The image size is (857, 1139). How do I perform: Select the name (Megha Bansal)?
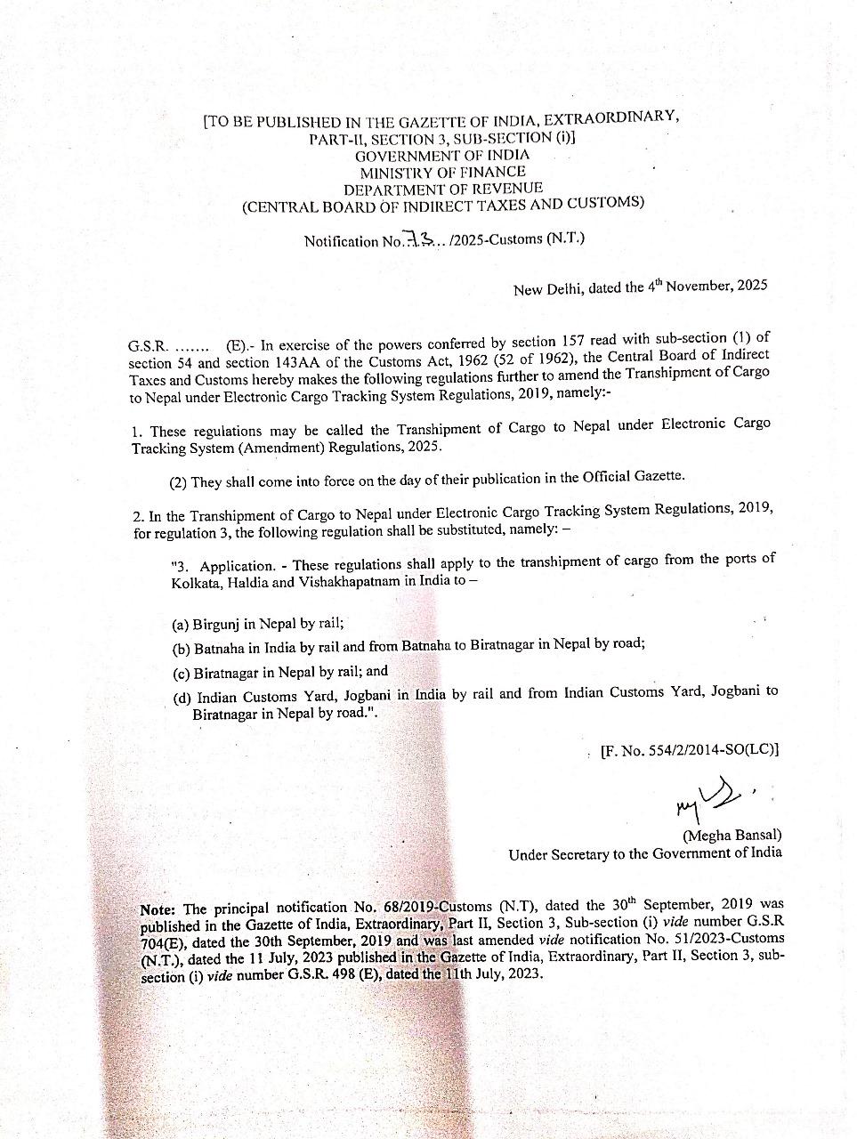pos(732,835)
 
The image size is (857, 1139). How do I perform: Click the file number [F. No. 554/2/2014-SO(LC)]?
pos(690,749)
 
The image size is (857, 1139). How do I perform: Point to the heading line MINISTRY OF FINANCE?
pos(442,172)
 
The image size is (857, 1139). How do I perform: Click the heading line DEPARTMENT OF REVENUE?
pos(442,188)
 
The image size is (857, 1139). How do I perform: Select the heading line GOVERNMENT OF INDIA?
pos(442,155)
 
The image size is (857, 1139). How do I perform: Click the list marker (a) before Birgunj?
pos(181,625)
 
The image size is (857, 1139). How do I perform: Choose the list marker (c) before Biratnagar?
pos(181,672)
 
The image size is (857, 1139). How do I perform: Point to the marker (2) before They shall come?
pos(178,481)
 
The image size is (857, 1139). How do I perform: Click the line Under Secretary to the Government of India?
pos(645,853)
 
